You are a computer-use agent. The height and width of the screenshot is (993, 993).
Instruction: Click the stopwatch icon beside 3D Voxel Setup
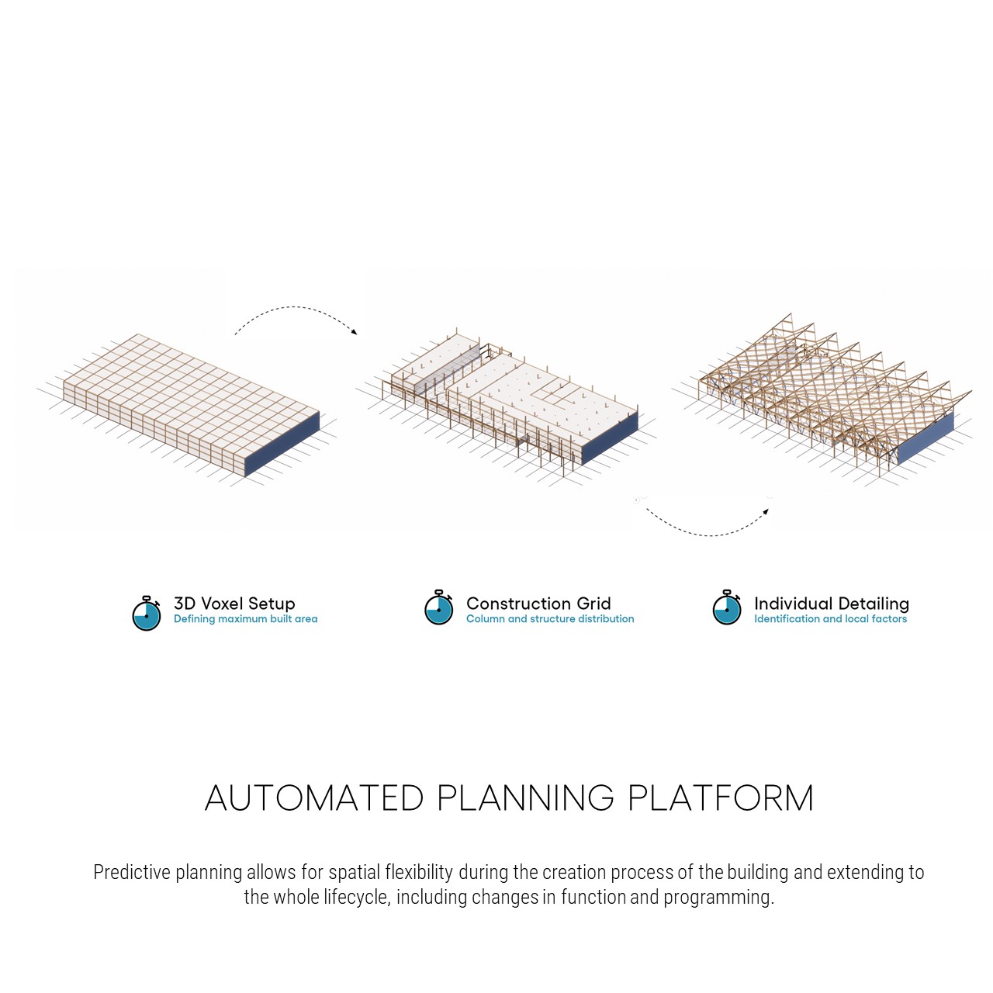pyautogui.click(x=147, y=613)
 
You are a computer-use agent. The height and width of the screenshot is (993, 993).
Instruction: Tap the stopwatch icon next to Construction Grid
pyautogui.click(x=438, y=607)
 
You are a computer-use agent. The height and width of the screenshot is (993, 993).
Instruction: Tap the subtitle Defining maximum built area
pyautogui.click(x=245, y=619)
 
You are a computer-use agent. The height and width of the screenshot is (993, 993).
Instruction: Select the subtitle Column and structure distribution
pyautogui.click(x=550, y=619)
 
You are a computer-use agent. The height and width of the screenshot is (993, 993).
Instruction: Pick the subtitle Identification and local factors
pyautogui.click(x=830, y=619)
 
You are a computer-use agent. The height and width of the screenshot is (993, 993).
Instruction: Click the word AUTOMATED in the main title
pyautogui.click(x=314, y=798)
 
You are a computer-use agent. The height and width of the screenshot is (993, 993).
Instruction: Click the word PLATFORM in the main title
pyautogui.click(x=721, y=798)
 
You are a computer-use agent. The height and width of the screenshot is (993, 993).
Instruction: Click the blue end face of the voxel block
pyautogui.click(x=281, y=444)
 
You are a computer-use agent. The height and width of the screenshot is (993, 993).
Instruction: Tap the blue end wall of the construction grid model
pyautogui.click(x=610, y=438)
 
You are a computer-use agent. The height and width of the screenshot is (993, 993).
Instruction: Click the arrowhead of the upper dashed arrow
pyautogui.click(x=354, y=332)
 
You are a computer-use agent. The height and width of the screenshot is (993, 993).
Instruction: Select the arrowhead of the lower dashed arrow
pyautogui.click(x=766, y=512)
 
